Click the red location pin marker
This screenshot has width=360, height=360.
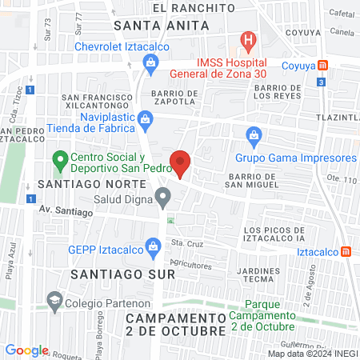[181, 162]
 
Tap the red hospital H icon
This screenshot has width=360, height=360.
[250, 38]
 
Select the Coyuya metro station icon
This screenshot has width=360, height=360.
[322, 66]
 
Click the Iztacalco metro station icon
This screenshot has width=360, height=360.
[346, 251]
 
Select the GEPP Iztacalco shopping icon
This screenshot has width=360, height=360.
[150, 250]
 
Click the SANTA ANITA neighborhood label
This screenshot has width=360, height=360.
[162, 25]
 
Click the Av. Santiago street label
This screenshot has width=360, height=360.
[62, 210]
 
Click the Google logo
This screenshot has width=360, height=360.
[26, 350]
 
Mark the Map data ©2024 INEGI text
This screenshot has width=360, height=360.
[312, 354]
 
